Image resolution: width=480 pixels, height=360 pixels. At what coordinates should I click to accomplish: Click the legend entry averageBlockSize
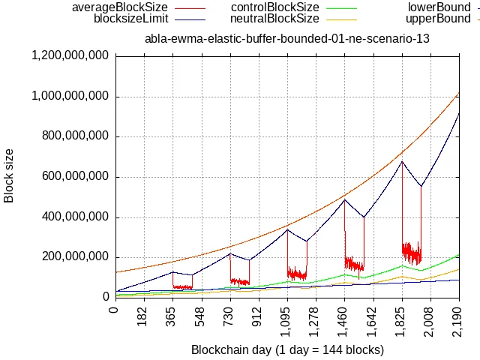[119, 7]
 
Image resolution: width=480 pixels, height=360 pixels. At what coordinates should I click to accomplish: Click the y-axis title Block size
[10, 176]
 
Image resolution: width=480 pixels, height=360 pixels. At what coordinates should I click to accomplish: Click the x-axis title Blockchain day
[287, 349]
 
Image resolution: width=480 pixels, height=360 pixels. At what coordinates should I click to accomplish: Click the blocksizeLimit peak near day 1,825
[402, 161]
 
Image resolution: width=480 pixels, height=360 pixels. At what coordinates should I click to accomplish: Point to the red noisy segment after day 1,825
[412, 252]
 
